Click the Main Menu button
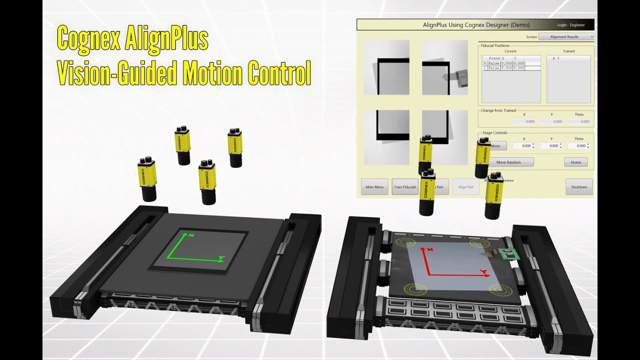[374, 187]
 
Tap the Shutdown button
[579, 187]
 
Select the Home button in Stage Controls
[575, 162]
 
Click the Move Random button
[508, 162]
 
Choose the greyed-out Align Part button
[465, 187]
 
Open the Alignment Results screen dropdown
[566, 36]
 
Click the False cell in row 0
[494, 63]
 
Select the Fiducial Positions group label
[495, 45]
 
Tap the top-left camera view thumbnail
[386, 67]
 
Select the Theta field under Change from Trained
[579, 121]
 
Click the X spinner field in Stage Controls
[524, 145]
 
